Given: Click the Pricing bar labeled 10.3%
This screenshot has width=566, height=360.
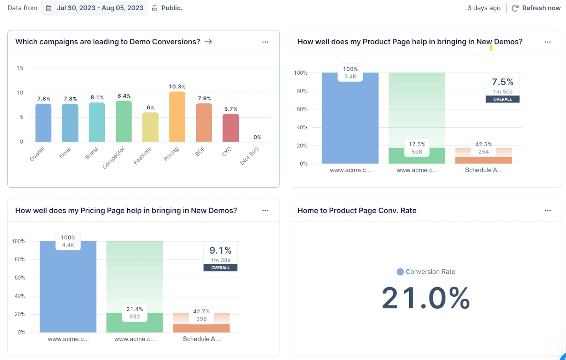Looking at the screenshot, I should click(x=177, y=117).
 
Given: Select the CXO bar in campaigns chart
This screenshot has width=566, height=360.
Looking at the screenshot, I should click(x=231, y=128).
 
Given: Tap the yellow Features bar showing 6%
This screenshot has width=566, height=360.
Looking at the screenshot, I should click(x=150, y=127).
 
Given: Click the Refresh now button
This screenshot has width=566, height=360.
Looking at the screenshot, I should click(x=536, y=8).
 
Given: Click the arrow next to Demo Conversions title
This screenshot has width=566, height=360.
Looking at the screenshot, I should click(x=208, y=42).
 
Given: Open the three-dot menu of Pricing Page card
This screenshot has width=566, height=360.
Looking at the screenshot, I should click(x=265, y=210).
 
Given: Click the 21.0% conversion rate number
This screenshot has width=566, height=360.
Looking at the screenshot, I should click(x=426, y=298).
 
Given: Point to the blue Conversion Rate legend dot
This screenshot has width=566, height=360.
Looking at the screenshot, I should click(x=400, y=272).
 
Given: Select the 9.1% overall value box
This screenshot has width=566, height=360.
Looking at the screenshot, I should click(x=220, y=254).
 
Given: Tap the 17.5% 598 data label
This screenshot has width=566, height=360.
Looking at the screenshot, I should click(x=417, y=148).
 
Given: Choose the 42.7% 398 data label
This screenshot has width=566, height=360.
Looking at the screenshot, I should click(x=201, y=315).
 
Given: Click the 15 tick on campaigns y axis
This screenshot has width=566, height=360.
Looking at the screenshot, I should click(x=20, y=68).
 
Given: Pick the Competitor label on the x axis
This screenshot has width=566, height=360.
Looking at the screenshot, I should click(x=114, y=158).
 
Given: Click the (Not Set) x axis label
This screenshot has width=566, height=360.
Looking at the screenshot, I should click(x=249, y=156).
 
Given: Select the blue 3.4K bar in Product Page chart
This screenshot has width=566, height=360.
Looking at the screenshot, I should click(x=350, y=120).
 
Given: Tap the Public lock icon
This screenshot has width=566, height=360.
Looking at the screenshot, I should click(x=155, y=8).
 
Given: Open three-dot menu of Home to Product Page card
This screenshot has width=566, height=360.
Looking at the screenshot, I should click(x=547, y=210).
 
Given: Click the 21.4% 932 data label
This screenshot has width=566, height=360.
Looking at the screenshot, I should click(x=134, y=313).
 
